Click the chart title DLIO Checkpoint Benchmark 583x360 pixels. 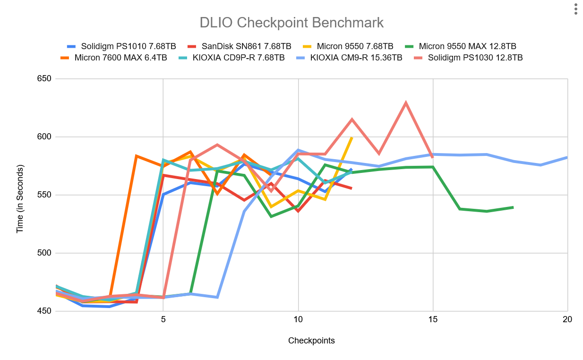click(291, 23)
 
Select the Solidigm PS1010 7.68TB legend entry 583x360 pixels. click(121, 46)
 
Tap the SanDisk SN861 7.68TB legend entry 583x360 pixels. click(240, 46)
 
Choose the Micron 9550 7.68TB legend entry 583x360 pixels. click(348, 46)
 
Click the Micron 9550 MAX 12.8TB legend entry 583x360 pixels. click(461, 46)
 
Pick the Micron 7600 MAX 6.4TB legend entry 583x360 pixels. click(114, 58)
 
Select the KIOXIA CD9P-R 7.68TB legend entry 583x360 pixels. click(231, 58)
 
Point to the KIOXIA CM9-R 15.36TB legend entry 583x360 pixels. click(349, 58)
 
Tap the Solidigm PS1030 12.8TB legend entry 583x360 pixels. click(469, 58)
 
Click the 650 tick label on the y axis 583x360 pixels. click(44, 78)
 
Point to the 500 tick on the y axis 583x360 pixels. click(44, 253)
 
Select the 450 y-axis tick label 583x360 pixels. click(44, 311)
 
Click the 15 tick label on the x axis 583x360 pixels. click(433, 319)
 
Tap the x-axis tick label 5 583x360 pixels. click(163, 319)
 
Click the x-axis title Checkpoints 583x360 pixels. click(311, 341)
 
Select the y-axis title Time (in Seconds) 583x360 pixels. click(20, 199)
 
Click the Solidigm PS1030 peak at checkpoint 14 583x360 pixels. click(406, 103)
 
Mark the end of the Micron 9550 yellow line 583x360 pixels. click(352, 137)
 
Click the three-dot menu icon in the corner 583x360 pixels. click(576, 9)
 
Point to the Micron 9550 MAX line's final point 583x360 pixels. click(513, 207)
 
